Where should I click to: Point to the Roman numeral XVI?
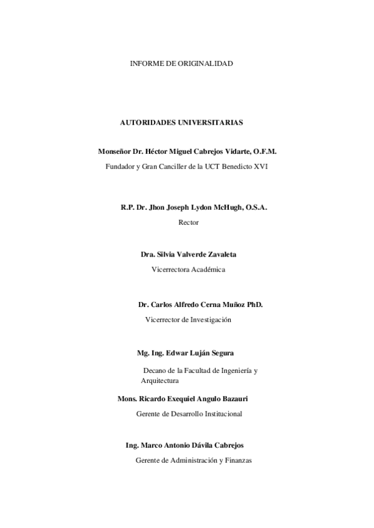260,167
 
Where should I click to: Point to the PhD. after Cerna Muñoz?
255,304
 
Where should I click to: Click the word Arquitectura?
160,380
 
